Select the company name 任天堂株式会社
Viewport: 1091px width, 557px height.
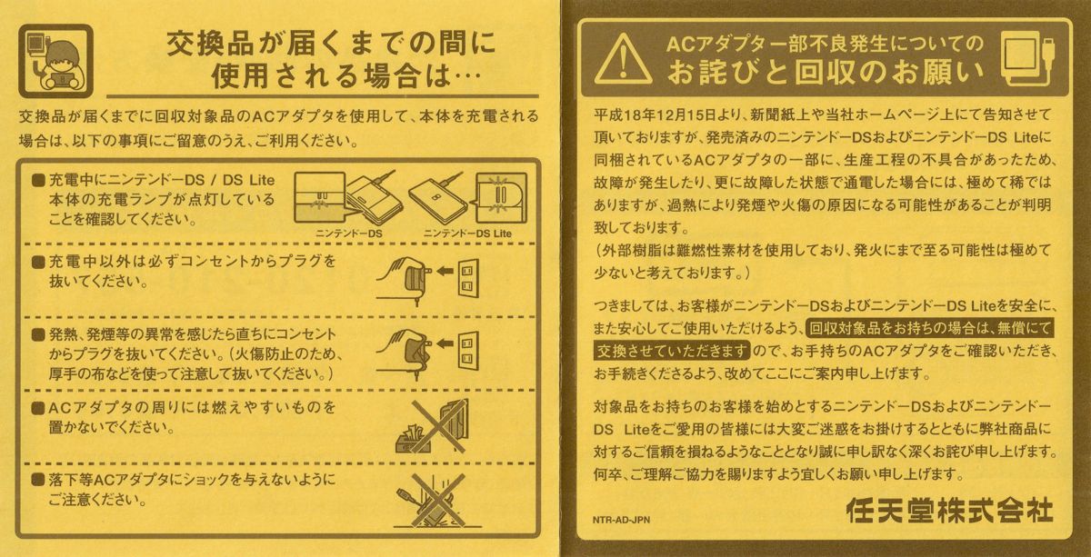pyautogui.click(x=948, y=511)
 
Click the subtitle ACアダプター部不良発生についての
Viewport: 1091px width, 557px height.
pyautogui.click(x=825, y=42)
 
